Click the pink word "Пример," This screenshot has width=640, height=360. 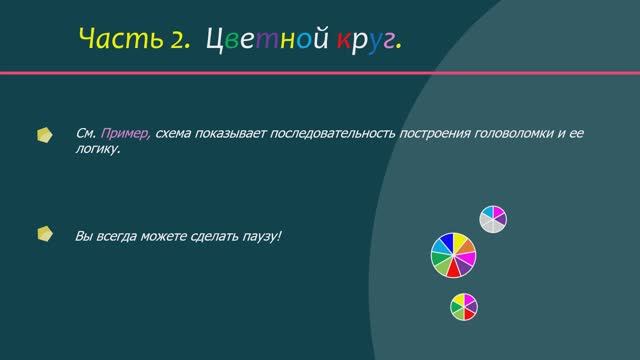pos(124,133)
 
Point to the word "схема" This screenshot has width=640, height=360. pos(174,133)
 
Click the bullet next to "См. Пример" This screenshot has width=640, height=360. pos(45,133)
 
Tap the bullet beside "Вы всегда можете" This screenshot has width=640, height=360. pos(45,235)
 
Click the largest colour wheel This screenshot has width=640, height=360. pos(454,255)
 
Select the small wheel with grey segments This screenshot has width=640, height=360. pos(493,219)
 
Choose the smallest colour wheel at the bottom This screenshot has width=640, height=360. pos(463,307)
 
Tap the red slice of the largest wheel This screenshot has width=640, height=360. pos(455,270)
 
